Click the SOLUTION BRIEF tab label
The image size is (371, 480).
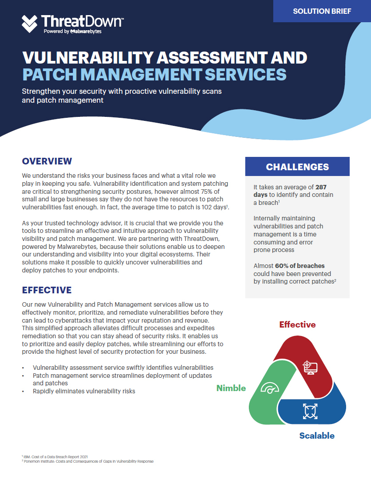point(322,11)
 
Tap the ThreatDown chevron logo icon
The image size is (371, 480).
point(30,23)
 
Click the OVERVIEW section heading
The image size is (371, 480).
point(47,161)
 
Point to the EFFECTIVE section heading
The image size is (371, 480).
point(47,290)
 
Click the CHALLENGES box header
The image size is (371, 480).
point(297,167)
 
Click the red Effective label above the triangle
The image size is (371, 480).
point(297,324)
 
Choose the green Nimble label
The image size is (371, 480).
point(231,388)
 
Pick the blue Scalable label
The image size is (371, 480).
point(317,436)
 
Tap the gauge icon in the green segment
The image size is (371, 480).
point(270,388)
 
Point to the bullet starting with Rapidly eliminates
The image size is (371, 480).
point(84,391)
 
